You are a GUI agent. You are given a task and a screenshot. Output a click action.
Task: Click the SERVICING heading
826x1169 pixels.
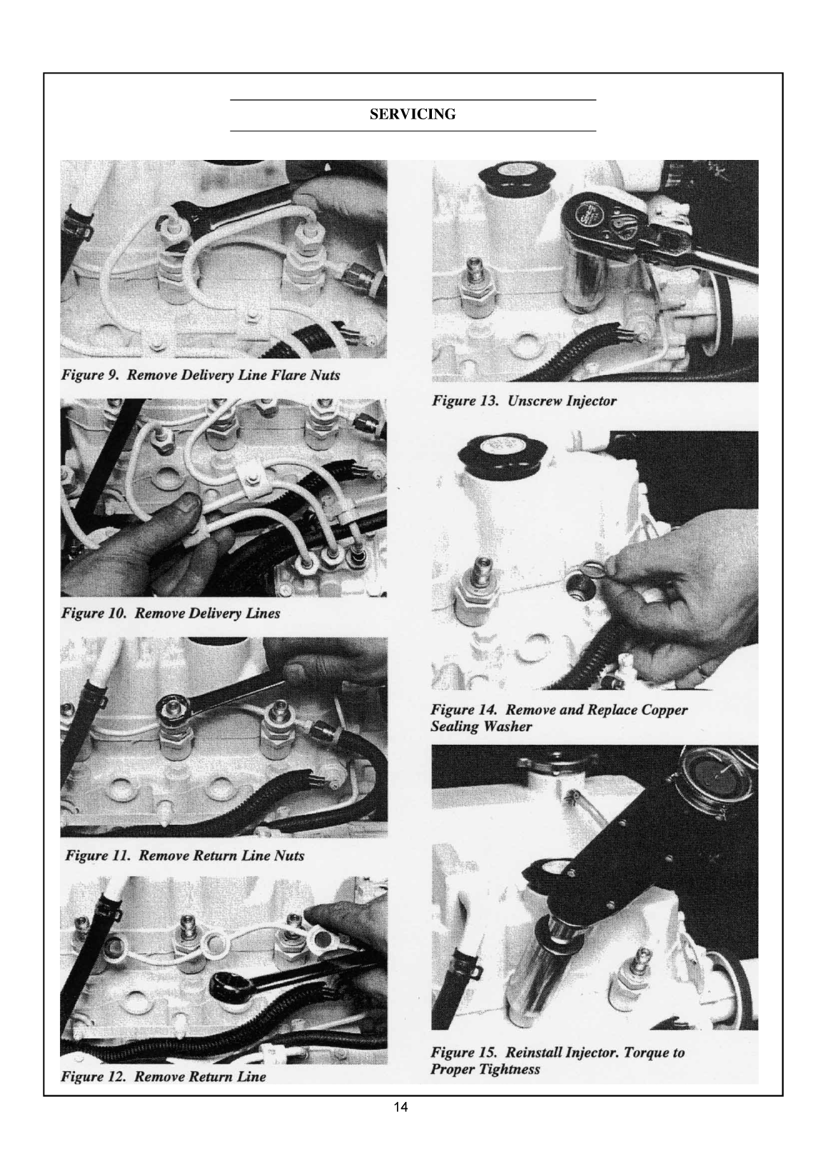click(x=413, y=114)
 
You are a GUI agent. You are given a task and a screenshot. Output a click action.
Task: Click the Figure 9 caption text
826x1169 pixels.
click(x=200, y=375)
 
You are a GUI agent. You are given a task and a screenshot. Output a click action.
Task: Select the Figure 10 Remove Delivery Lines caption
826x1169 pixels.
click(x=170, y=613)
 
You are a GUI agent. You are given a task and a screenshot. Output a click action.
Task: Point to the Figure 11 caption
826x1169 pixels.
click(x=184, y=856)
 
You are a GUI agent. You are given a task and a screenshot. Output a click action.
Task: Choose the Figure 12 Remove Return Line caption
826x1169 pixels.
click(x=163, y=1077)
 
